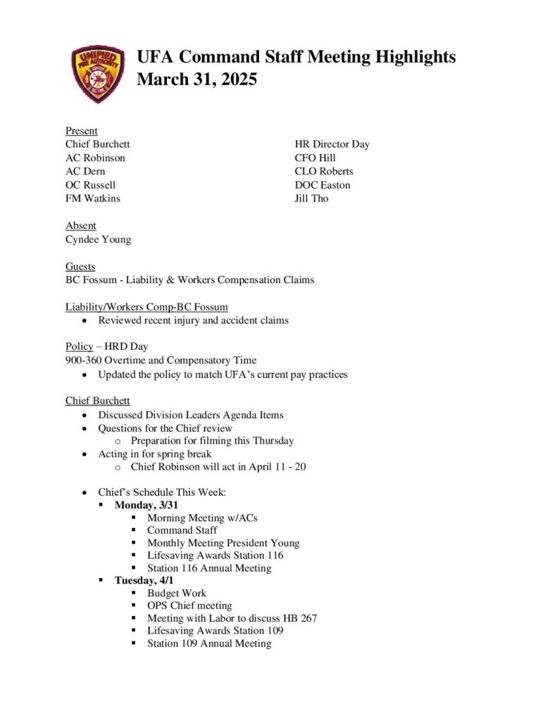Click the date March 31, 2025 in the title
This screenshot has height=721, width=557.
coord(196,80)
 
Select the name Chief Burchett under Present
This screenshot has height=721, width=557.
coord(97,144)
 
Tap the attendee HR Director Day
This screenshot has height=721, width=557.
coord(332,144)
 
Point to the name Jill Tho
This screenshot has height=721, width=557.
coord(311,199)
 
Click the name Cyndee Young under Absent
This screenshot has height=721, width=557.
coord(98,239)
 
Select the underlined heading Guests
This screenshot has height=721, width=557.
coord(80,267)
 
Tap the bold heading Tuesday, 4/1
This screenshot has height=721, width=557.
coord(144,580)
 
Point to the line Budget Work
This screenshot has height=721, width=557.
coord(177,593)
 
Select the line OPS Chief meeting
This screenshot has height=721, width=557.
coord(189,606)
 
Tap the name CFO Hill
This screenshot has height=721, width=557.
coord(315,158)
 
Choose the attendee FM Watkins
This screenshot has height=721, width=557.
coord(93,199)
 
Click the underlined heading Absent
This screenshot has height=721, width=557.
coord(81,226)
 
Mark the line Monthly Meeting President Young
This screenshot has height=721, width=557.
coord(223,543)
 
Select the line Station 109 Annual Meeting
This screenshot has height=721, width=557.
coord(209,643)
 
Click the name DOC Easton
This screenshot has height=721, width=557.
coord(323,185)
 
